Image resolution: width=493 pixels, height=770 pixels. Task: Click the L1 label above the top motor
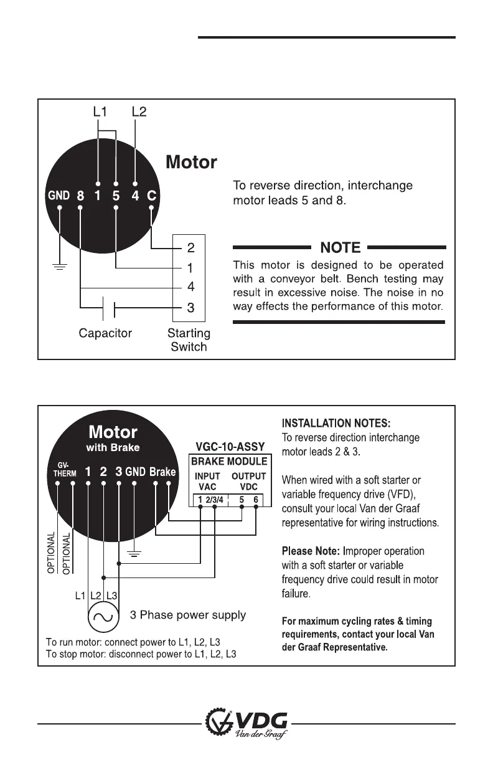point(100,112)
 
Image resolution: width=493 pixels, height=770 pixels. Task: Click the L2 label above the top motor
point(139,112)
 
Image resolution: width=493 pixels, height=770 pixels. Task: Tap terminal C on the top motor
point(151,195)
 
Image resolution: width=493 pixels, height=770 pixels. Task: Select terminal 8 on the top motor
point(80,195)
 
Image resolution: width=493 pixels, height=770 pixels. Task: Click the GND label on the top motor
point(59,195)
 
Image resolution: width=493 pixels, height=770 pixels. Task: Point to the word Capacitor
point(105,333)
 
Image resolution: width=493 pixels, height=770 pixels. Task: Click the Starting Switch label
point(189,340)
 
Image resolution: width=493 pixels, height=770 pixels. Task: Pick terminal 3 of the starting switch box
point(190,307)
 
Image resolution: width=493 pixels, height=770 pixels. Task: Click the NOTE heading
point(340,247)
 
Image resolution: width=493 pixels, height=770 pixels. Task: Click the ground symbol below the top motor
point(59,265)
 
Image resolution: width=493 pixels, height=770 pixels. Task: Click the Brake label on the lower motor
point(162,472)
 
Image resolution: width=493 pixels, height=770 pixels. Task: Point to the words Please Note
point(309,551)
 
